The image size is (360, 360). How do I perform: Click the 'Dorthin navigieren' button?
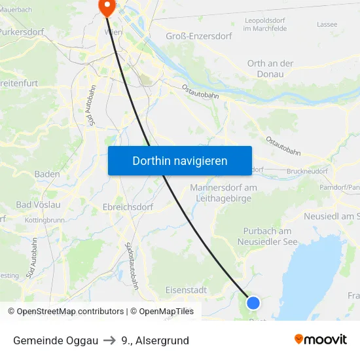click(179, 160)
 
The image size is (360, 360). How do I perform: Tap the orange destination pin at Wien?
click(105, 6)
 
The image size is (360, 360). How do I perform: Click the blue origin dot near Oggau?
click(253, 302)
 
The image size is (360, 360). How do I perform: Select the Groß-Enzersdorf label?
click(195, 37)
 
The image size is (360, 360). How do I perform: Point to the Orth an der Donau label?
click(270, 69)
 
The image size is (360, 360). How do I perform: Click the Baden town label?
click(47, 174)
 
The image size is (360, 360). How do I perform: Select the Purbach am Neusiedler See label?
click(267, 236)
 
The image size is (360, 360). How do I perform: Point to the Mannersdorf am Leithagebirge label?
click(223, 193)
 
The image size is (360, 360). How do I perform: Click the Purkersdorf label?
click(21, 31)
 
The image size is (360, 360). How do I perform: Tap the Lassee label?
click(327, 24)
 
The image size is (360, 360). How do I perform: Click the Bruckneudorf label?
click(307, 171)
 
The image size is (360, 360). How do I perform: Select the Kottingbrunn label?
click(45, 221)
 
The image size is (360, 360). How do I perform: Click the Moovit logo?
click(320, 339)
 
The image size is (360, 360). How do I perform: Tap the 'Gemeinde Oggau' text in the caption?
click(56, 340)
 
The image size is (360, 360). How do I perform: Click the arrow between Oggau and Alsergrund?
click(109, 340)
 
